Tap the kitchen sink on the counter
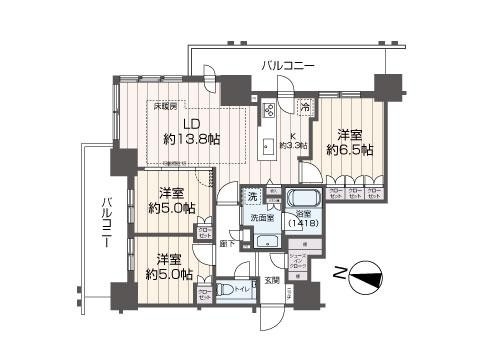point(268,147)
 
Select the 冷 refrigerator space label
point(304,107)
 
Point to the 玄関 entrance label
point(272,279)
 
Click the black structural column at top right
point(385,84)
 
